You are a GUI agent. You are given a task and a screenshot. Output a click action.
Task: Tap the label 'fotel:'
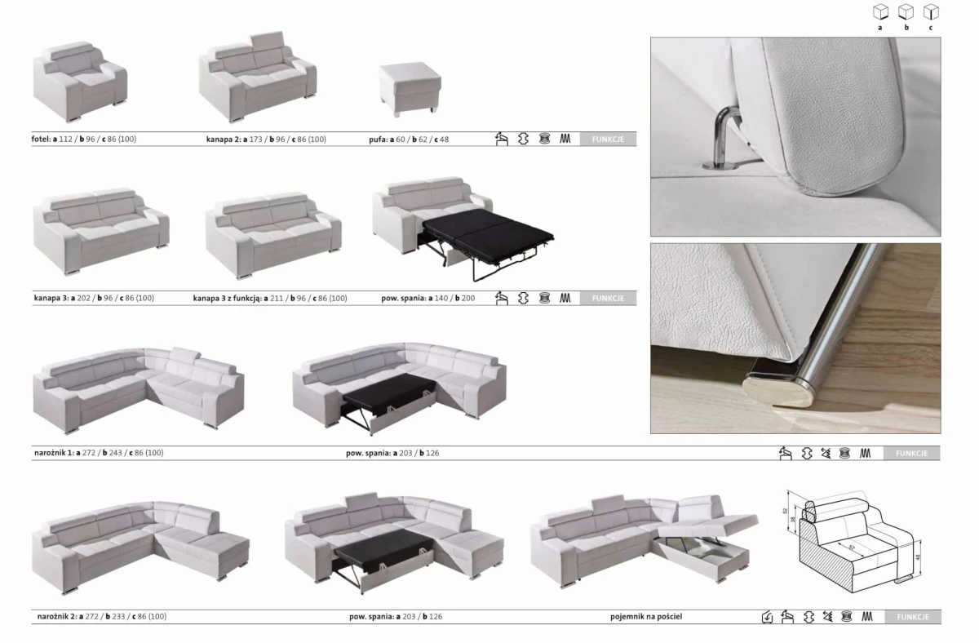[41, 140]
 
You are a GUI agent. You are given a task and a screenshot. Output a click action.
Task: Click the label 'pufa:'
[377, 140]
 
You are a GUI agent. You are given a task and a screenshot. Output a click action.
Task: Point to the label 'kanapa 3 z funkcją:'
[227, 299]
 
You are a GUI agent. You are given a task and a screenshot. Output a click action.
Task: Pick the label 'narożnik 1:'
[52, 452]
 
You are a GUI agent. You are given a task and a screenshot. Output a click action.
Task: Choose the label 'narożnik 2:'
[54, 617]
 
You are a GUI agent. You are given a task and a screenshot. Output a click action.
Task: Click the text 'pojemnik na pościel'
[645, 617]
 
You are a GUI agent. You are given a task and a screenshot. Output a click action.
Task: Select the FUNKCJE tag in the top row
[608, 140]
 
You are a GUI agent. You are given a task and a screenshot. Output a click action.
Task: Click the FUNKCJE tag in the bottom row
[912, 617]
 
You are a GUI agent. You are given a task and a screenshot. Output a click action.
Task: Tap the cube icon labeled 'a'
[880, 12]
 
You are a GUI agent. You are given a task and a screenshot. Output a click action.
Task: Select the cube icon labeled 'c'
[930, 12]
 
